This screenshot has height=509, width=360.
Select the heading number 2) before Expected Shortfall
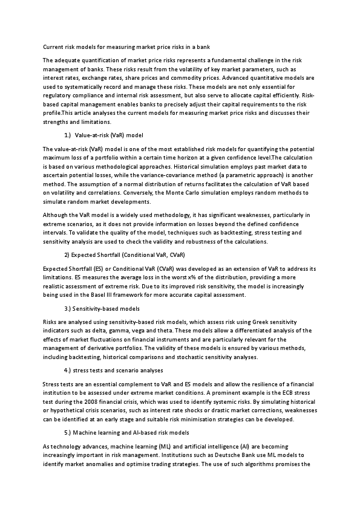[67, 254]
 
